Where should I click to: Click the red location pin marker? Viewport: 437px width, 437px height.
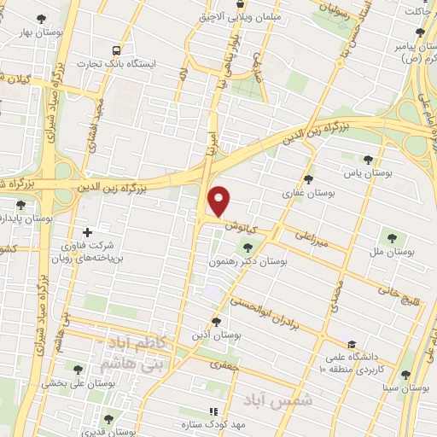point(219,200)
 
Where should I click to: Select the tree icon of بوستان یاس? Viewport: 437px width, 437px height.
point(368,159)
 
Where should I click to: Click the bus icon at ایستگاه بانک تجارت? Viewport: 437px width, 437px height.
point(116,50)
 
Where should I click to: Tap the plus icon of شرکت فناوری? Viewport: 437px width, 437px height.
point(86,232)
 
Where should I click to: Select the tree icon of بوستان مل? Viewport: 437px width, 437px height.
point(393,237)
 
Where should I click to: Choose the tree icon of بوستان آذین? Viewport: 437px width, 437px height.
point(216,322)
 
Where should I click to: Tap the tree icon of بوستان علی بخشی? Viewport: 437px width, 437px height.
point(79,370)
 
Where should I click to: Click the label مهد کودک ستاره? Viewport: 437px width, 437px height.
point(218,424)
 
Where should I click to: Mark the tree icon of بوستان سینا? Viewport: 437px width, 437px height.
point(405,374)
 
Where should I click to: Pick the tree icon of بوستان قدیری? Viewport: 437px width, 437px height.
point(108,419)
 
